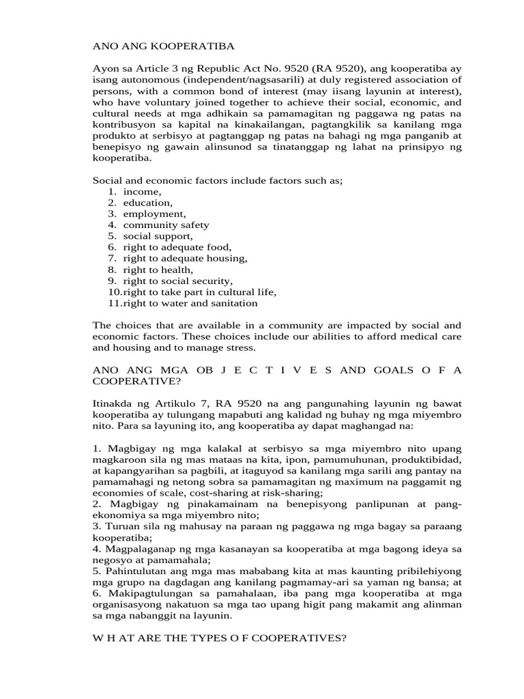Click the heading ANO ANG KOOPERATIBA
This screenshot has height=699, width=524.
[x=163, y=46]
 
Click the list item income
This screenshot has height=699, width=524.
[x=143, y=192]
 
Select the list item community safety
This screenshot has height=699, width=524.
[x=166, y=225]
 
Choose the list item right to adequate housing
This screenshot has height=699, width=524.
[x=185, y=257]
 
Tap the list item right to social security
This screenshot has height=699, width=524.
[x=178, y=280]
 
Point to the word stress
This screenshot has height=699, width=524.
[x=239, y=347]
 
